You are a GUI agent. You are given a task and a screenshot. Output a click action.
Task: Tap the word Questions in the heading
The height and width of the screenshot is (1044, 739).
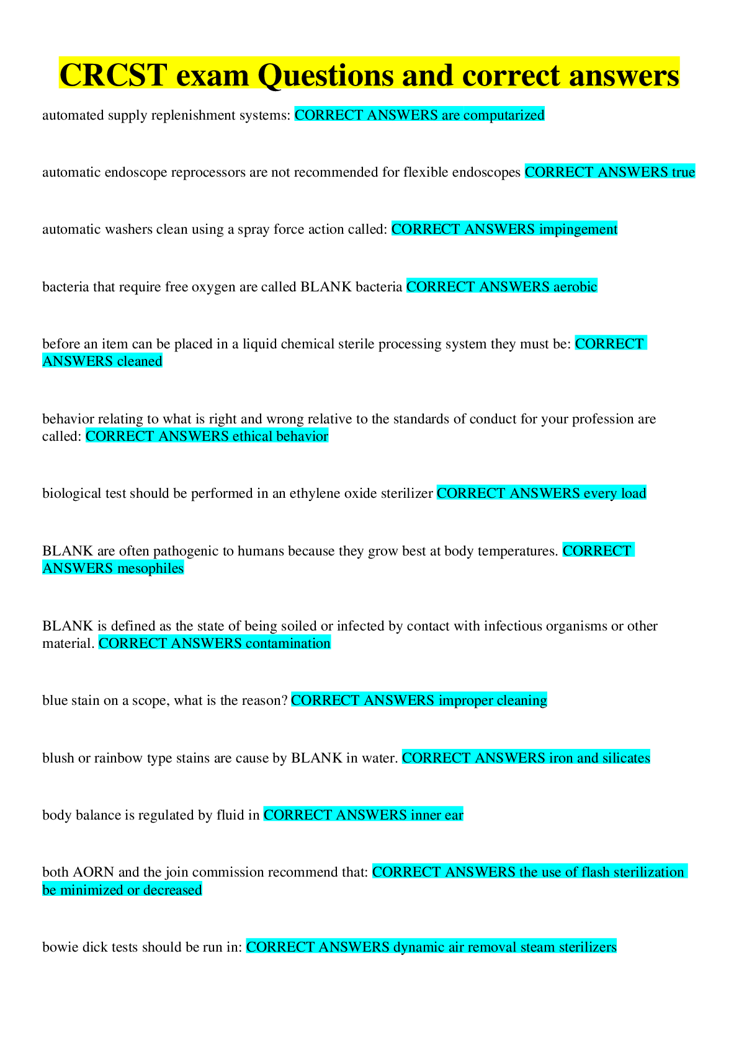point(325,76)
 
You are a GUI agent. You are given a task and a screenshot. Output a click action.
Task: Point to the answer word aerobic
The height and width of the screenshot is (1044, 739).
point(575,286)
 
